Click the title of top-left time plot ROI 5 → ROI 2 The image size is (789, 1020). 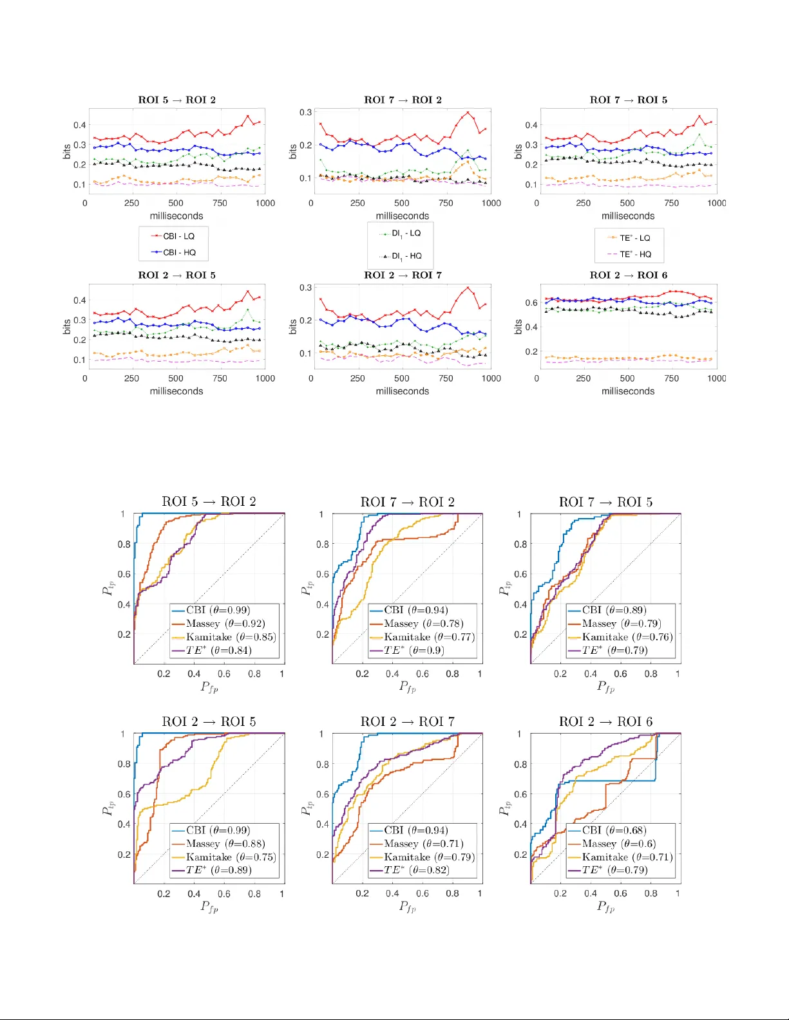pyautogui.click(x=177, y=100)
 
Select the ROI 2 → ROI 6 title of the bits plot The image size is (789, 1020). pyautogui.click(x=628, y=275)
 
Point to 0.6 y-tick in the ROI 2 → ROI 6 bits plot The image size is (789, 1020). pyautogui.click(x=531, y=302)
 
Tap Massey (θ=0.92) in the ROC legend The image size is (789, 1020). pyautogui.click(x=225, y=624)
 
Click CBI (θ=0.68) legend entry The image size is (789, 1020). pyautogui.click(x=614, y=830)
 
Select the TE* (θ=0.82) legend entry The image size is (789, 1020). pyautogui.click(x=416, y=870)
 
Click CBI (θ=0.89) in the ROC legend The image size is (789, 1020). pyautogui.click(x=614, y=610)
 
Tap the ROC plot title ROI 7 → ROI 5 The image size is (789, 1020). pyautogui.click(x=605, y=502)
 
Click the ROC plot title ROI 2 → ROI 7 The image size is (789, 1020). pyautogui.click(x=407, y=721)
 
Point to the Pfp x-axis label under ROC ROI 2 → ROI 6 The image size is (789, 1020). pyautogui.click(x=605, y=907)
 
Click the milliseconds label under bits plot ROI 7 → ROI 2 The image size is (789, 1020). pyautogui.click(x=403, y=216)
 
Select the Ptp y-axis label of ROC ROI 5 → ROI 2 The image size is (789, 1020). pyautogui.click(x=108, y=588)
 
